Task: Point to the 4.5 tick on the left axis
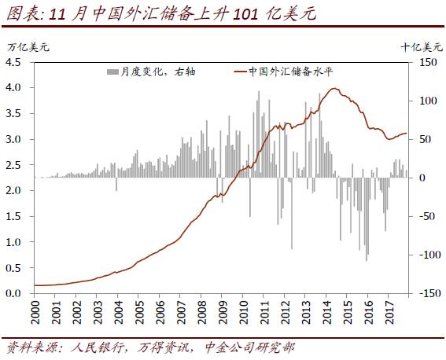tap(16, 62)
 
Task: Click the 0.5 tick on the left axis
tap(16, 268)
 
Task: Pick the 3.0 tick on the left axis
tap(16, 139)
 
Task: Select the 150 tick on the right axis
tap(427, 62)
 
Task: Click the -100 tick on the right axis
tap(427, 255)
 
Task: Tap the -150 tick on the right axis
tap(427, 293)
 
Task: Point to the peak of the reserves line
tap(337, 88)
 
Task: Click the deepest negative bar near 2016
tap(366, 259)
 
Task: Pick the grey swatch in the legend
tap(111, 72)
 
